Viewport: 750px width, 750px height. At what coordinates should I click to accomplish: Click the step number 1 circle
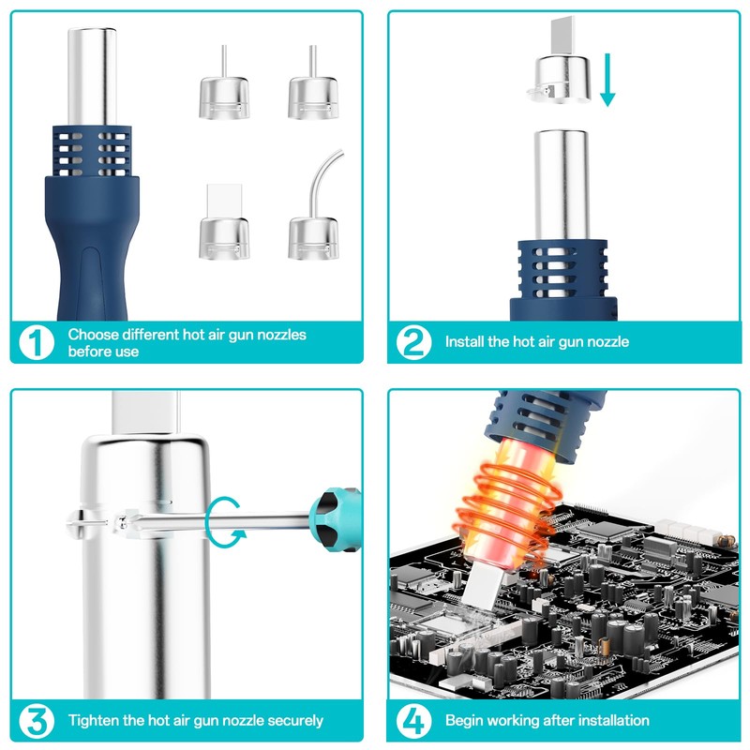coord(37,342)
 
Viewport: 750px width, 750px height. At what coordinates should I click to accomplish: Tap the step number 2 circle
coord(413,342)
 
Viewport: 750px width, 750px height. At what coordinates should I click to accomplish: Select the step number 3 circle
coord(37,721)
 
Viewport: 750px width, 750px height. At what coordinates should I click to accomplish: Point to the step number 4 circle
coord(413,721)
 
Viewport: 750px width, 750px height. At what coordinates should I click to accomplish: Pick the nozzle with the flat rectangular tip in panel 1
coord(224,221)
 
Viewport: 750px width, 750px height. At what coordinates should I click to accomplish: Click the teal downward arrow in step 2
coord(607,80)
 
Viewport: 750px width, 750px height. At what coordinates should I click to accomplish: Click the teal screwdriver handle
coord(336,519)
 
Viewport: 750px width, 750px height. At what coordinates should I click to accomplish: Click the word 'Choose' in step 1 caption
coord(92,335)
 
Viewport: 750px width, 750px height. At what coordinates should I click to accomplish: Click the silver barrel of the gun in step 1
coord(92,78)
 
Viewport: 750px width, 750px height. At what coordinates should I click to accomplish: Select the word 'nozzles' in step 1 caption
coord(282,335)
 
